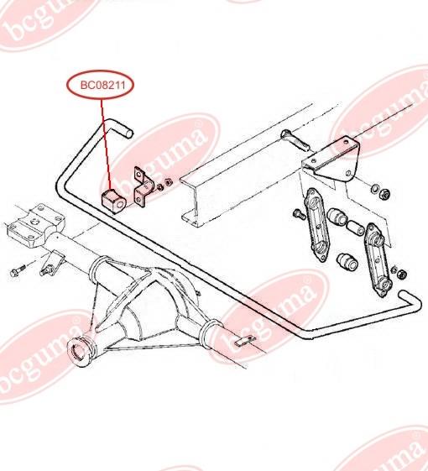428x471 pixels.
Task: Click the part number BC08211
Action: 102,86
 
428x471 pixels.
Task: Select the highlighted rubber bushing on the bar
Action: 113,201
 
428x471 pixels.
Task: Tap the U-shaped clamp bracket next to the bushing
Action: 144,187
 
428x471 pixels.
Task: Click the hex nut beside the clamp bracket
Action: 168,182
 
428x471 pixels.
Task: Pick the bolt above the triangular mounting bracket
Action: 295,140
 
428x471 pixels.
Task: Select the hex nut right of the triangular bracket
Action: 385,193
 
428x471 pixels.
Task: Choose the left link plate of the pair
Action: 317,225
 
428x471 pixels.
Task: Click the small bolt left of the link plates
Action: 299,214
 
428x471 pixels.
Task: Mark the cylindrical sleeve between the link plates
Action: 356,227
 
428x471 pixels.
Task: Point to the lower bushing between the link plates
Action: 347,262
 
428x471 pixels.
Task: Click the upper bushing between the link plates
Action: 337,217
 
